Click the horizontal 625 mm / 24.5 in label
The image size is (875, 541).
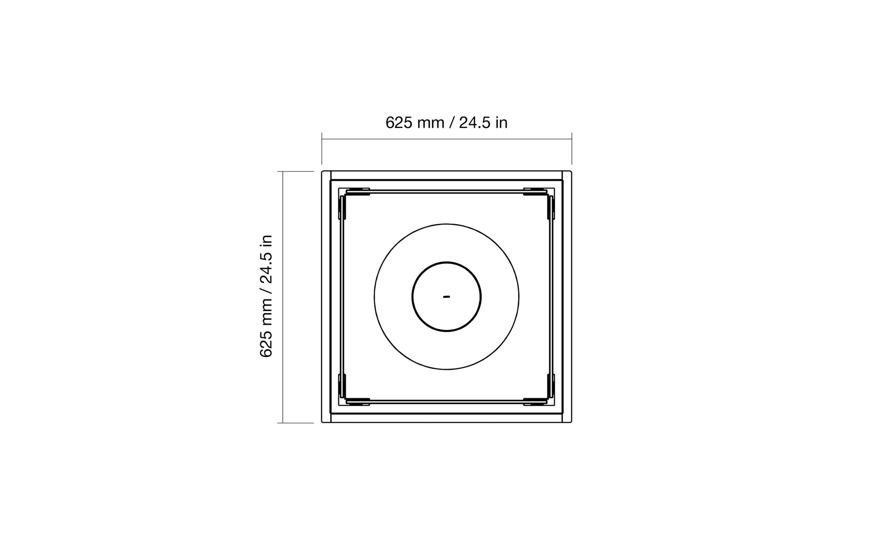coord(446,123)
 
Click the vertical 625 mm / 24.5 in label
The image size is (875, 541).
coord(266,296)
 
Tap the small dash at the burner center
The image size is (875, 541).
coord(446,297)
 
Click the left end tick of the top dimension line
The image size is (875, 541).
coord(322,148)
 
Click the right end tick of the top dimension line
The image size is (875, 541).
coord(571,148)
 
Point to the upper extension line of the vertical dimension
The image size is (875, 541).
coord(295,171)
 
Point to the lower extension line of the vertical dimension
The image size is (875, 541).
coord(295,423)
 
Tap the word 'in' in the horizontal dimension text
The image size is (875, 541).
coord(501,123)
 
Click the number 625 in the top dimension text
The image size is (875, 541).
coord(399,123)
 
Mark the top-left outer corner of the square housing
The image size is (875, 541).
coord(323,172)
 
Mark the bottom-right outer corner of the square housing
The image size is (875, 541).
coord(571,422)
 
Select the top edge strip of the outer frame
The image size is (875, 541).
coord(446,175)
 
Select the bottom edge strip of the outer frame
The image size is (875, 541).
coord(446,418)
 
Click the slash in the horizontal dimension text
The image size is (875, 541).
coord(451,123)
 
